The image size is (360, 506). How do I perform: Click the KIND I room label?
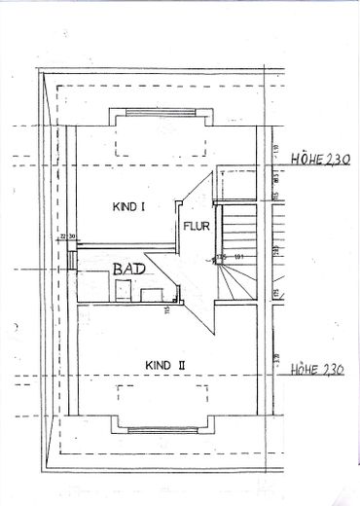pos(128,206)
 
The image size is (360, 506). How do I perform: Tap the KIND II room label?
pos(164,365)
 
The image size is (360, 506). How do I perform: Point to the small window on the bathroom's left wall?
pos(72,262)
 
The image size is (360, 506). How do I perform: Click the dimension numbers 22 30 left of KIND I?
pos(66,236)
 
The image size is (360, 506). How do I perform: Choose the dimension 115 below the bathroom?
pos(167,310)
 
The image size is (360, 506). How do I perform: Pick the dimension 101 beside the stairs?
pos(237,257)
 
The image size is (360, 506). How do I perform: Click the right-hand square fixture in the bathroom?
pos(151,294)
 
